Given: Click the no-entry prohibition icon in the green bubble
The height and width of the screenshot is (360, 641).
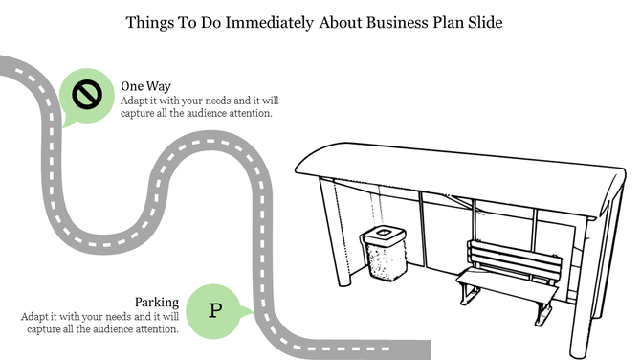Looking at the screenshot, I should click(x=87, y=94).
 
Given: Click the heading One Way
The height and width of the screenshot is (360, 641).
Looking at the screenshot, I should click(x=145, y=86).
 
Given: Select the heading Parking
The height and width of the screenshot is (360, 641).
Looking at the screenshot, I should click(x=157, y=303).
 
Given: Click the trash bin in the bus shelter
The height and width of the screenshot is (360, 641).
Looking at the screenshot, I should click(x=383, y=254).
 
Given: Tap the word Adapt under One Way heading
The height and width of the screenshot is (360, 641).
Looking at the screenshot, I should click(x=137, y=100).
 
